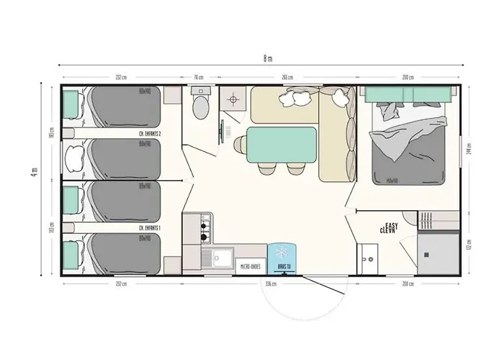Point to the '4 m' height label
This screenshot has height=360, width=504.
coord(33,175)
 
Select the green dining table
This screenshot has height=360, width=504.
coord(281,144)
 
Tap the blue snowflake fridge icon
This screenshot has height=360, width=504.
coord(282,253)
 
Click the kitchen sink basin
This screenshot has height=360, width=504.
coord(219,257)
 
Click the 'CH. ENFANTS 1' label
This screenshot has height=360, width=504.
coord(150,228)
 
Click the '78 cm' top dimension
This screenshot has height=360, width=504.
coord(198,77)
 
